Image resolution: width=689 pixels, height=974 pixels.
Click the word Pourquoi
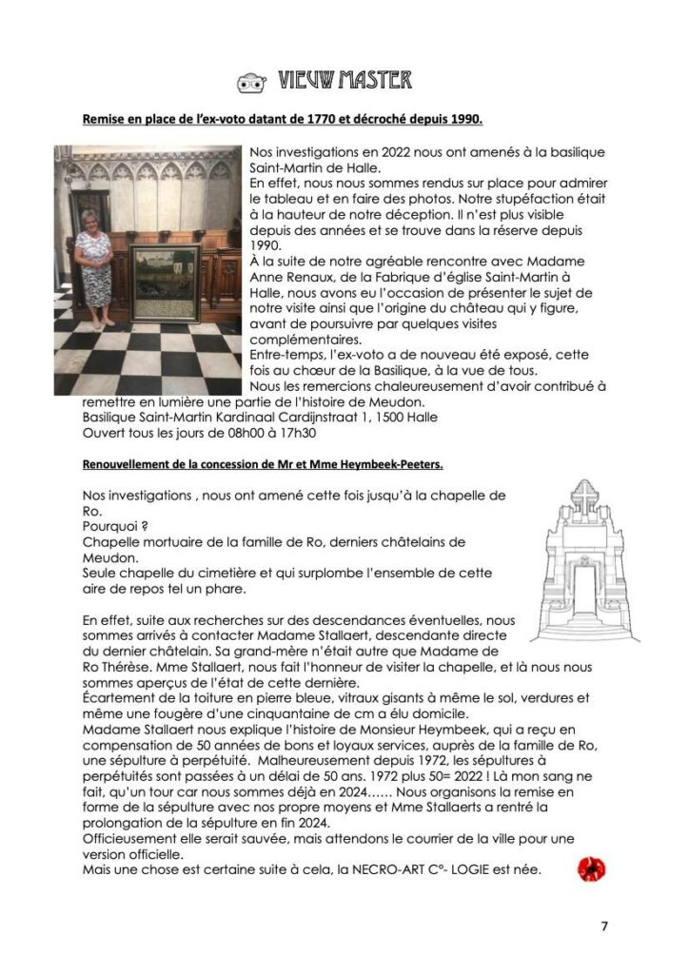pos(110,526)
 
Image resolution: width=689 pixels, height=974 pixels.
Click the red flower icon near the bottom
pos(591,868)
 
